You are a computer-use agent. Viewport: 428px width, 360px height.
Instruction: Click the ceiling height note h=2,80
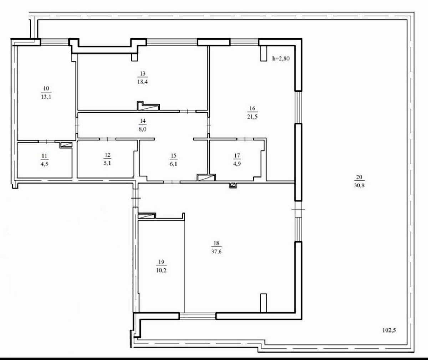tap(281, 58)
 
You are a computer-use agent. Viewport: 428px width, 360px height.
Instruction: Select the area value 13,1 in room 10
tap(46, 97)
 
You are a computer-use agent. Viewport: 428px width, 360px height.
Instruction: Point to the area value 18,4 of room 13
tap(143, 82)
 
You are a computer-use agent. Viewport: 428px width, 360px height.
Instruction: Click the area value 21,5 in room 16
tap(252, 117)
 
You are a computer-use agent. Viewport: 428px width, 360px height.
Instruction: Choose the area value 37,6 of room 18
tap(216, 251)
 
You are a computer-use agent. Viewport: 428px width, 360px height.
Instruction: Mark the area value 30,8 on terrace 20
tap(359, 185)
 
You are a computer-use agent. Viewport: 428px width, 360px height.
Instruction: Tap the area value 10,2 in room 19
tap(161, 270)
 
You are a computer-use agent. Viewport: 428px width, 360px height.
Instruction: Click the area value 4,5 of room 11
tap(45, 164)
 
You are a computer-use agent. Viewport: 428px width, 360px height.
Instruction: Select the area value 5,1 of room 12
tap(107, 163)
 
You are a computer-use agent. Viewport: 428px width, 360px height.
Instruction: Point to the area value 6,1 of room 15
tap(173, 164)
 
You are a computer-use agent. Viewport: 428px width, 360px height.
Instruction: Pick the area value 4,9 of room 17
tap(237, 164)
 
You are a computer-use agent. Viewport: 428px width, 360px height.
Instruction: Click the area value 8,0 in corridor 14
tap(142, 129)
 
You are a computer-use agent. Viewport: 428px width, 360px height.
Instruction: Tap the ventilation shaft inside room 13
tap(148, 106)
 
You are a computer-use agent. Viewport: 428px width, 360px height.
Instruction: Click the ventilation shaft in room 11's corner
tap(66, 145)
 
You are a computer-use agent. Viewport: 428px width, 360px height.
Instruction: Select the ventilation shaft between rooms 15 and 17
tap(206, 178)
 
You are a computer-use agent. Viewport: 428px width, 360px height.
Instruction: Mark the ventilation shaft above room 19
tap(147, 216)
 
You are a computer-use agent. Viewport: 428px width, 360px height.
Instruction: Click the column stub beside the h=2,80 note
tap(264, 53)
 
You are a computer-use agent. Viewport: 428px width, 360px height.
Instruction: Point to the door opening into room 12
tap(108, 139)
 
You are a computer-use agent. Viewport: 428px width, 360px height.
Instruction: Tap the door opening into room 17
tap(245, 139)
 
